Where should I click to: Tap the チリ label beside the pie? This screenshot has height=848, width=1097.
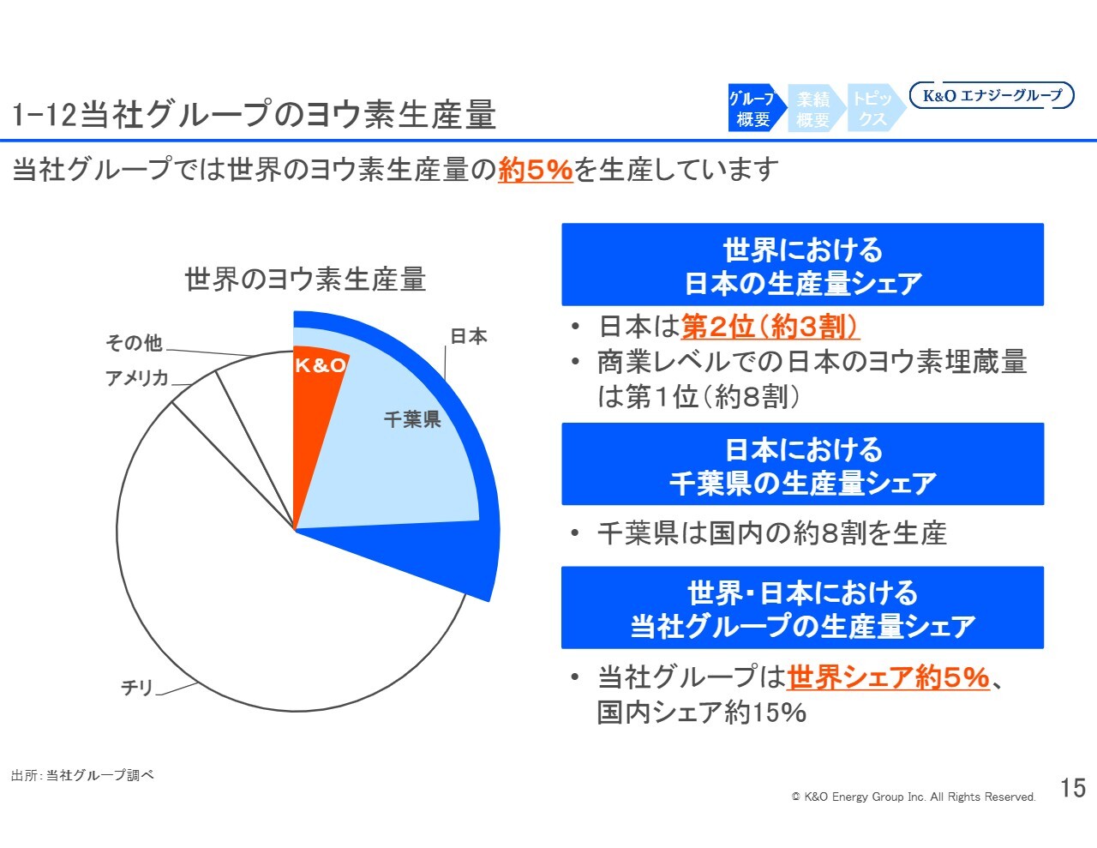[x=137, y=688]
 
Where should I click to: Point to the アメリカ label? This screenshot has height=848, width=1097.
[x=136, y=377]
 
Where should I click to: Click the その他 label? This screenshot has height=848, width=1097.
[x=134, y=343]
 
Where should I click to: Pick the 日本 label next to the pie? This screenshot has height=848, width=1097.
[x=469, y=336]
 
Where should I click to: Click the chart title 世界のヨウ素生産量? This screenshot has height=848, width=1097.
[x=305, y=280]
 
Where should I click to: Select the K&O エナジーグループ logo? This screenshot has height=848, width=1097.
[x=992, y=96]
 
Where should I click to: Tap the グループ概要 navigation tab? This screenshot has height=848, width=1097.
[x=753, y=109]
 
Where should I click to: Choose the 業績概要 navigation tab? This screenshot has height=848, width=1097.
[x=812, y=109]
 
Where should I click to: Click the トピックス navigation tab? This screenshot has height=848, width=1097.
[x=872, y=109]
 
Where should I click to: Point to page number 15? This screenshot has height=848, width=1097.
[x=1073, y=788]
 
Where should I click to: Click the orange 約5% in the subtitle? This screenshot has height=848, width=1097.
[x=535, y=170]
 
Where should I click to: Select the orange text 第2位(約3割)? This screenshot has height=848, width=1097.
[x=770, y=327]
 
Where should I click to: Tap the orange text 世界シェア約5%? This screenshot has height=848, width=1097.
[x=888, y=677]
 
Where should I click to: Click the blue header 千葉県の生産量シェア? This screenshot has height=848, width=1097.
[x=802, y=465]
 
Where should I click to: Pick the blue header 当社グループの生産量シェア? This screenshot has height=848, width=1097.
[x=802, y=608]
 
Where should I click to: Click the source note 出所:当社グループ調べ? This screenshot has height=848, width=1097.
[x=82, y=775]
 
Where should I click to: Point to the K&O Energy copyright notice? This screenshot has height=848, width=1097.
[x=914, y=797]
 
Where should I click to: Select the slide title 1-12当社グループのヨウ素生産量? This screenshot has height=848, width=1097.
[x=255, y=115]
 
